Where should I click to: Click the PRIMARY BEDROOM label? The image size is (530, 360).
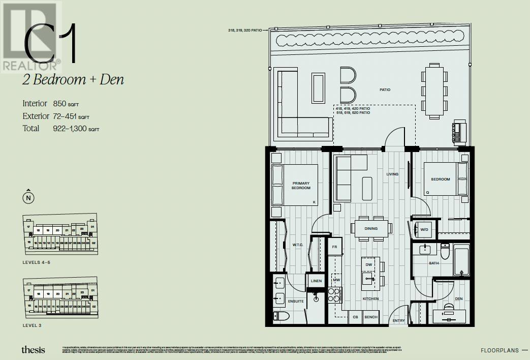(300, 186)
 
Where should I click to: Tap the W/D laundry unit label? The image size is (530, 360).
(424, 229)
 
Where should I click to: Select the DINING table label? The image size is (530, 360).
(371, 228)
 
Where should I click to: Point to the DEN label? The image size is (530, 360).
(458, 298)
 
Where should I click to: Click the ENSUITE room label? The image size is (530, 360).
(295, 301)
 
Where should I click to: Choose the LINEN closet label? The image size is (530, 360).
(316, 281)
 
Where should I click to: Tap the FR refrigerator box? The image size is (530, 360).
(335, 247)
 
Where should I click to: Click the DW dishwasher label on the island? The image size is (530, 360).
(369, 264)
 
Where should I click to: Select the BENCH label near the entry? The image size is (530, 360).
(370, 317)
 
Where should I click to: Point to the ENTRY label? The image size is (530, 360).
(399, 320)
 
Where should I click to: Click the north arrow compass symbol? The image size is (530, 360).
(29, 197)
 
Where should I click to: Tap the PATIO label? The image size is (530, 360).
(385, 89)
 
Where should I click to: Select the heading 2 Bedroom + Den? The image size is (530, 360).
(73, 79)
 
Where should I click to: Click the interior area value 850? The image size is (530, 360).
(60, 103)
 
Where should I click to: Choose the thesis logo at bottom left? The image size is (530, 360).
(33, 349)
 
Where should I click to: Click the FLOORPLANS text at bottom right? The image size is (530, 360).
(500, 350)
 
